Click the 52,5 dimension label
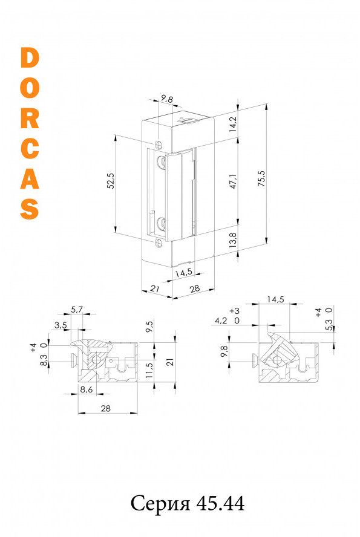tap(111, 180)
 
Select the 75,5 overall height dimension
tap(262, 178)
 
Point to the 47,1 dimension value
tap(234, 181)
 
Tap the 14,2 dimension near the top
tap(233, 125)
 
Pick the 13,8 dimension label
tap(233, 240)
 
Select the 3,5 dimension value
tap(61, 325)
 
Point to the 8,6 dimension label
tap(86, 389)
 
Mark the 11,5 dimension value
tap(149, 370)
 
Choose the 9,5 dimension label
tap(149, 327)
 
